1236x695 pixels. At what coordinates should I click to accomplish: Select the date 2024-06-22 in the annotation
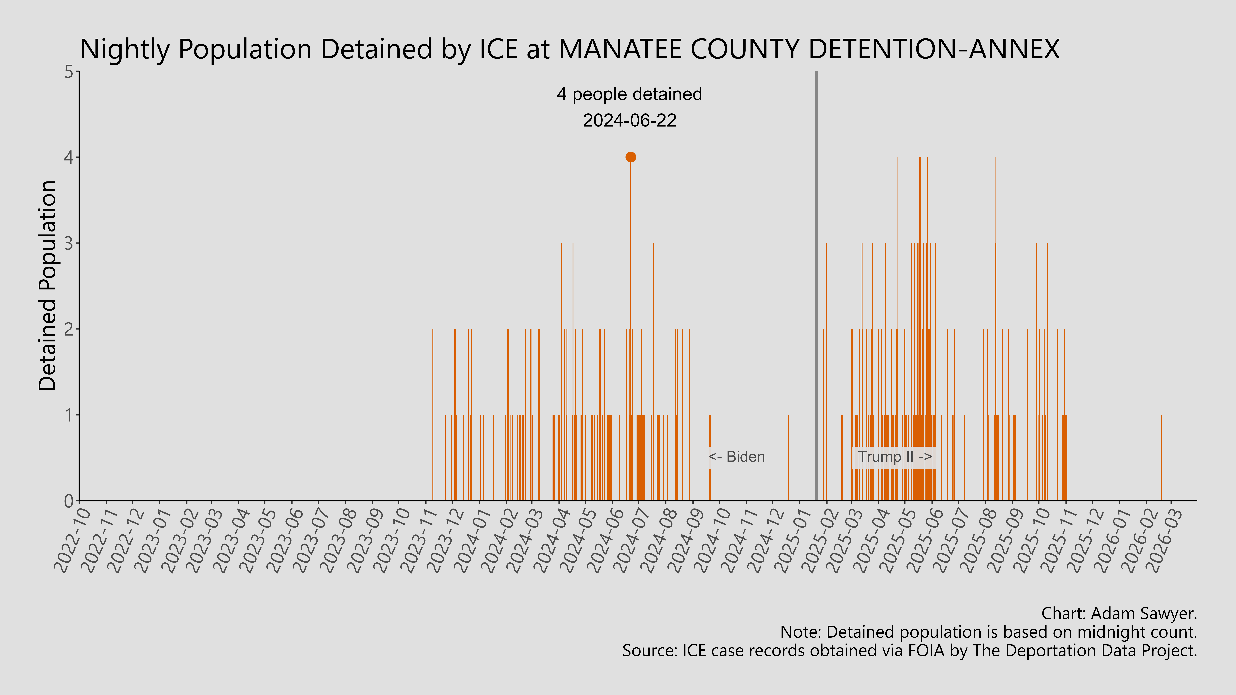click(x=629, y=120)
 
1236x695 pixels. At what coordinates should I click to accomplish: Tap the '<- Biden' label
click(x=736, y=457)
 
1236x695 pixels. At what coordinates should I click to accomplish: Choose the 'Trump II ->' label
click(x=894, y=457)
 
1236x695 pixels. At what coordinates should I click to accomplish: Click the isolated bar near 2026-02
click(x=1161, y=458)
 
